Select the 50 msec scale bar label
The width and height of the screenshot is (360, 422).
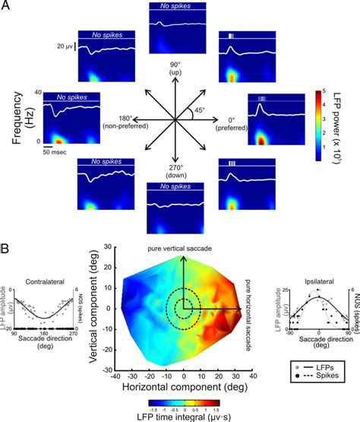[x=53, y=153]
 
